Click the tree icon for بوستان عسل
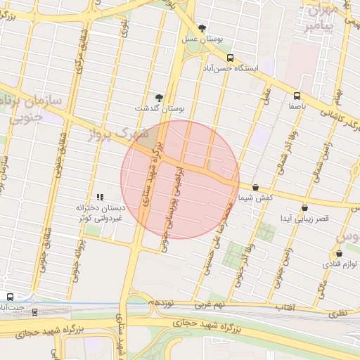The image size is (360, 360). pos(203,28)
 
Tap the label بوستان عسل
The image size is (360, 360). pos(203,41)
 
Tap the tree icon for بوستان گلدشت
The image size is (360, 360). pos(158,97)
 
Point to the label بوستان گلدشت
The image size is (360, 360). pos(159,109)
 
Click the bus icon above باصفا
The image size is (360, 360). pos(297,95)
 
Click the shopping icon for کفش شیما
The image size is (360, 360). pos(255,188)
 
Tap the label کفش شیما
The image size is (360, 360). pos(255,200)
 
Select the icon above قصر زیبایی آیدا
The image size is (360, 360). pos(304,208)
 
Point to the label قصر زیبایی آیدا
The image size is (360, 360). pos(304,219)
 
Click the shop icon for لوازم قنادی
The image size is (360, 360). pos(338,253)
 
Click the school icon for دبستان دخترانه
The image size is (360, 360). pos(100,198)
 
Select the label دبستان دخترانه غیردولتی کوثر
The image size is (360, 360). pos(100,214)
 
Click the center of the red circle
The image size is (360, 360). pos(180,179)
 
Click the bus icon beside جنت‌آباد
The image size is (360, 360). pos(10,297)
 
